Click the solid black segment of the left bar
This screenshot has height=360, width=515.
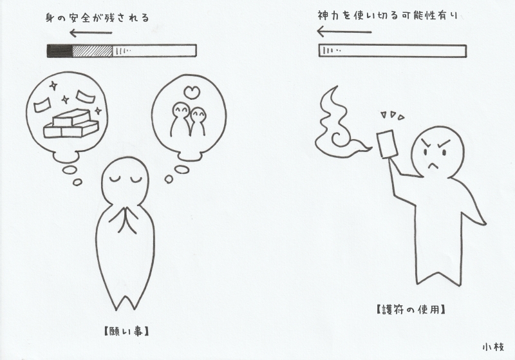[x=60, y=51]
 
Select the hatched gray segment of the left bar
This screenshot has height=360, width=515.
[x=92, y=51]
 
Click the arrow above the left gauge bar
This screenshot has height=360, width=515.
[x=91, y=32]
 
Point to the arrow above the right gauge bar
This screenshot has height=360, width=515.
[x=344, y=32]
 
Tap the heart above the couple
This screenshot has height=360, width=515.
[x=190, y=91]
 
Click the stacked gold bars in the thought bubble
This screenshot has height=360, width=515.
[x=71, y=123]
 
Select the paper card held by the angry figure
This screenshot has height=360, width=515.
[x=388, y=144]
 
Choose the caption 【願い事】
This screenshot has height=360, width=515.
[x=126, y=331]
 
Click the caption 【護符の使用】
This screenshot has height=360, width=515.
[x=411, y=309]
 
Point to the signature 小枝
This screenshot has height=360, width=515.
[x=493, y=347]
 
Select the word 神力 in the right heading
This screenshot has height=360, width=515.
[x=329, y=15]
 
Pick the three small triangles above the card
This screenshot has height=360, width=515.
[x=393, y=115]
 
